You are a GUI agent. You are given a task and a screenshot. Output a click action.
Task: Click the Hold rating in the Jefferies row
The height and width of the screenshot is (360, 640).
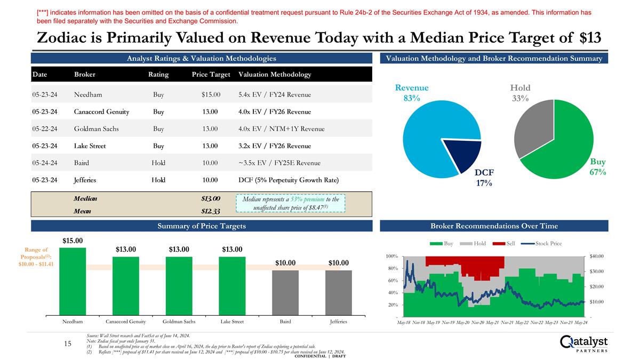coord(158,180)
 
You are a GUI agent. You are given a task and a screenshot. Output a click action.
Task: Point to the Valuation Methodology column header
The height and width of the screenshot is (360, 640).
coord(275,74)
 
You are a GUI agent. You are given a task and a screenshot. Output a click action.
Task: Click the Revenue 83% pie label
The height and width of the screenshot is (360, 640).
coord(411,93)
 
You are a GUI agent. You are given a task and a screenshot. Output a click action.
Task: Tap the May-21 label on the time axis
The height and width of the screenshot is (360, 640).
coord(492,323)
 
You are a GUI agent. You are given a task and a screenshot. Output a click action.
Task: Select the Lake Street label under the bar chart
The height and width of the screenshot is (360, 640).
coord(232,322)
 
